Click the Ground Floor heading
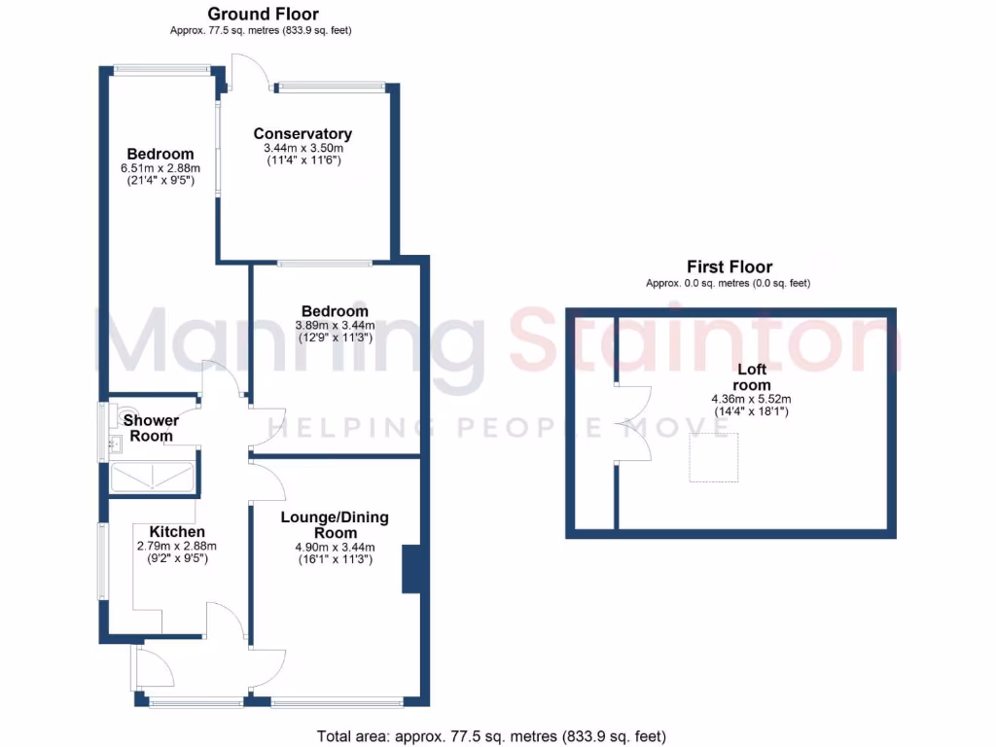click(x=263, y=14)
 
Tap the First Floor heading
click(x=729, y=267)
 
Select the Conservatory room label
click(x=302, y=133)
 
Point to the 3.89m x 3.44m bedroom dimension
click(x=334, y=332)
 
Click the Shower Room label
click(x=151, y=428)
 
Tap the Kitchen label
click(x=177, y=532)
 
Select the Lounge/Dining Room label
click(x=334, y=525)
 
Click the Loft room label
click(x=752, y=377)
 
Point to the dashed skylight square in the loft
click(x=714, y=457)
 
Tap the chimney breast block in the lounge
click(x=410, y=569)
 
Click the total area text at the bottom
click(x=491, y=736)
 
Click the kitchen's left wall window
click(x=102, y=562)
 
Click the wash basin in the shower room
click(x=114, y=446)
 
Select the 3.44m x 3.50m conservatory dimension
click(x=302, y=154)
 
